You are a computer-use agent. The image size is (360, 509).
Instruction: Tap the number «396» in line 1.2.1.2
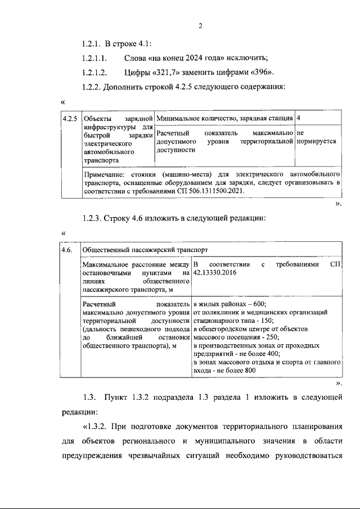click(x=263, y=73)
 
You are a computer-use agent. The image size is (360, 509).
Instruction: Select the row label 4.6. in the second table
click(x=67, y=249)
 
